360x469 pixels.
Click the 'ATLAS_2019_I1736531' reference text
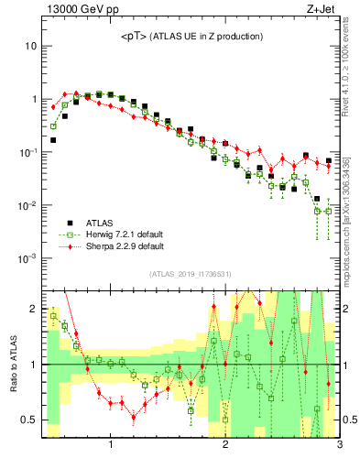(x=191, y=274)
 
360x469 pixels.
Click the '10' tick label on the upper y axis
(x=30, y=46)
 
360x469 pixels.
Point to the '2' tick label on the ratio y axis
(x=33, y=309)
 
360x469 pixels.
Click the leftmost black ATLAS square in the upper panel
(x=53, y=140)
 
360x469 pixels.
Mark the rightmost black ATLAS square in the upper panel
(x=328, y=161)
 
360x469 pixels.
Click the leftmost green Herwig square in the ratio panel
(x=53, y=316)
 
